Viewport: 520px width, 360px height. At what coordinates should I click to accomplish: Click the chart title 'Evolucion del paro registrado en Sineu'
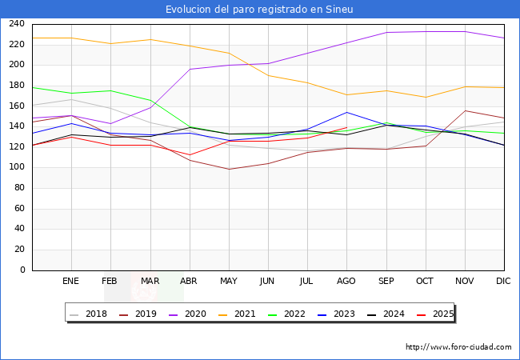[x=259, y=10]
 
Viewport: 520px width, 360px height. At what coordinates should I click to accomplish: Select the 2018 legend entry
[x=89, y=314]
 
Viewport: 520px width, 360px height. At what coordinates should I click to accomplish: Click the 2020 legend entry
[x=188, y=314]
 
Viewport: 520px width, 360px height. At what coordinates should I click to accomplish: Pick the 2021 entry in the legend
[x=237, y=314]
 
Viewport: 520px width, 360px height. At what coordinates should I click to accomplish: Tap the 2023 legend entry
[x=336, y=314]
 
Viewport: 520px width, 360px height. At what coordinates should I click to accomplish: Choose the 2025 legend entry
[x=435, y=314]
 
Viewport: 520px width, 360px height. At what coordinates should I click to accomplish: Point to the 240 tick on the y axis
[x=17, y=24]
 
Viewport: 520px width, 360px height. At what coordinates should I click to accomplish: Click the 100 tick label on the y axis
[x=17, y=167]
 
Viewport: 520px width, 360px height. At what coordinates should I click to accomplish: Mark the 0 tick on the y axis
[x=22, y=270]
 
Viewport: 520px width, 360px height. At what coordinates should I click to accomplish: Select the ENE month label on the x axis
[x=70, y=281]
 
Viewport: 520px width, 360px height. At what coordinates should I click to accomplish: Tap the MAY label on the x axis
[x=229, y=281]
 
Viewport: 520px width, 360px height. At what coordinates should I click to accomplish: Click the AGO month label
[x=346, y=281]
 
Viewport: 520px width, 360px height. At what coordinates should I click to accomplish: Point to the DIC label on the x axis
[x=503, y=281]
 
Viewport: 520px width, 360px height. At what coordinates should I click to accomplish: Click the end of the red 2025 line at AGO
[x=346, y=128]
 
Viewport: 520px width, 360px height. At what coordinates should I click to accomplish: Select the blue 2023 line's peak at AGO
[x=346, y=112]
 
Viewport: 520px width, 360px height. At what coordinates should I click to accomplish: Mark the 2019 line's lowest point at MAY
[x=229, y=169]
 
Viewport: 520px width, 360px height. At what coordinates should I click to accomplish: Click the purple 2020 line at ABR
[x=190, y=70]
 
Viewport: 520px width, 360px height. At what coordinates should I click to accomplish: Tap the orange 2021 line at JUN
[x=268, y=75]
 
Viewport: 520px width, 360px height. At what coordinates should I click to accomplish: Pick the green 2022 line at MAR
[x=151, y=101]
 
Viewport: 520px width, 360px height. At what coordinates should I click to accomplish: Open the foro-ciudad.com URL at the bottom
[x=458, y=347]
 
